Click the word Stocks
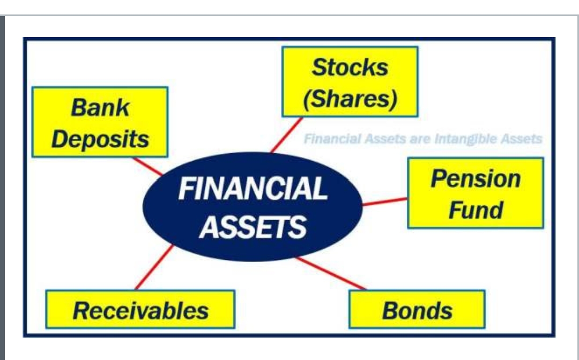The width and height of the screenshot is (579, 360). click(350, 67)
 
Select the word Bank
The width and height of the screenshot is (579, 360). click(100, 108)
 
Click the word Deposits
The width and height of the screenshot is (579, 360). click(100, 139)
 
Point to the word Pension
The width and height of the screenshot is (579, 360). click(476, 178)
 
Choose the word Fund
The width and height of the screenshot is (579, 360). click(476, 209)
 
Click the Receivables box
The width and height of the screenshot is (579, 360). click(140, 310)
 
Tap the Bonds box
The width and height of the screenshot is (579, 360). click(417, 310)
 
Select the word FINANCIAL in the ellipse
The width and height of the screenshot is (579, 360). click(253, 189)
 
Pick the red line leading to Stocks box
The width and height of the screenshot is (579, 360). click(286, 134)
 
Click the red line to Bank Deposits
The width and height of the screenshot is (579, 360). click(147, 166)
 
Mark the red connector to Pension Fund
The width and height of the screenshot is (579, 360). click(385, 201)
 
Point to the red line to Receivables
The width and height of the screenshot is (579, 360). click(154, 267)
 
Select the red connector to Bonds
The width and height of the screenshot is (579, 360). click(331, 273)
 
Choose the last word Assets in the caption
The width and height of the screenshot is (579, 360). click(522, 139)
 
